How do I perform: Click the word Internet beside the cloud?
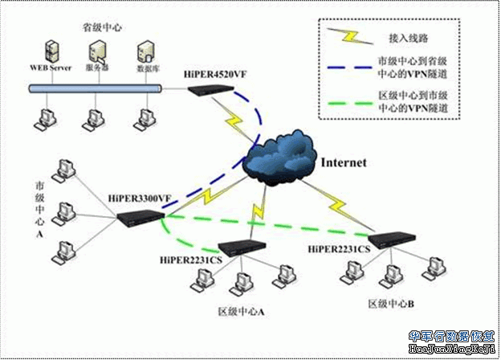(344, 162)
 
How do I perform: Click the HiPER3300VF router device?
(140, 218)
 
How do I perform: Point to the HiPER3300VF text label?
(140, 197)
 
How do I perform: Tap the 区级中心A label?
(241, 310)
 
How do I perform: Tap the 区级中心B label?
(390, 303)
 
